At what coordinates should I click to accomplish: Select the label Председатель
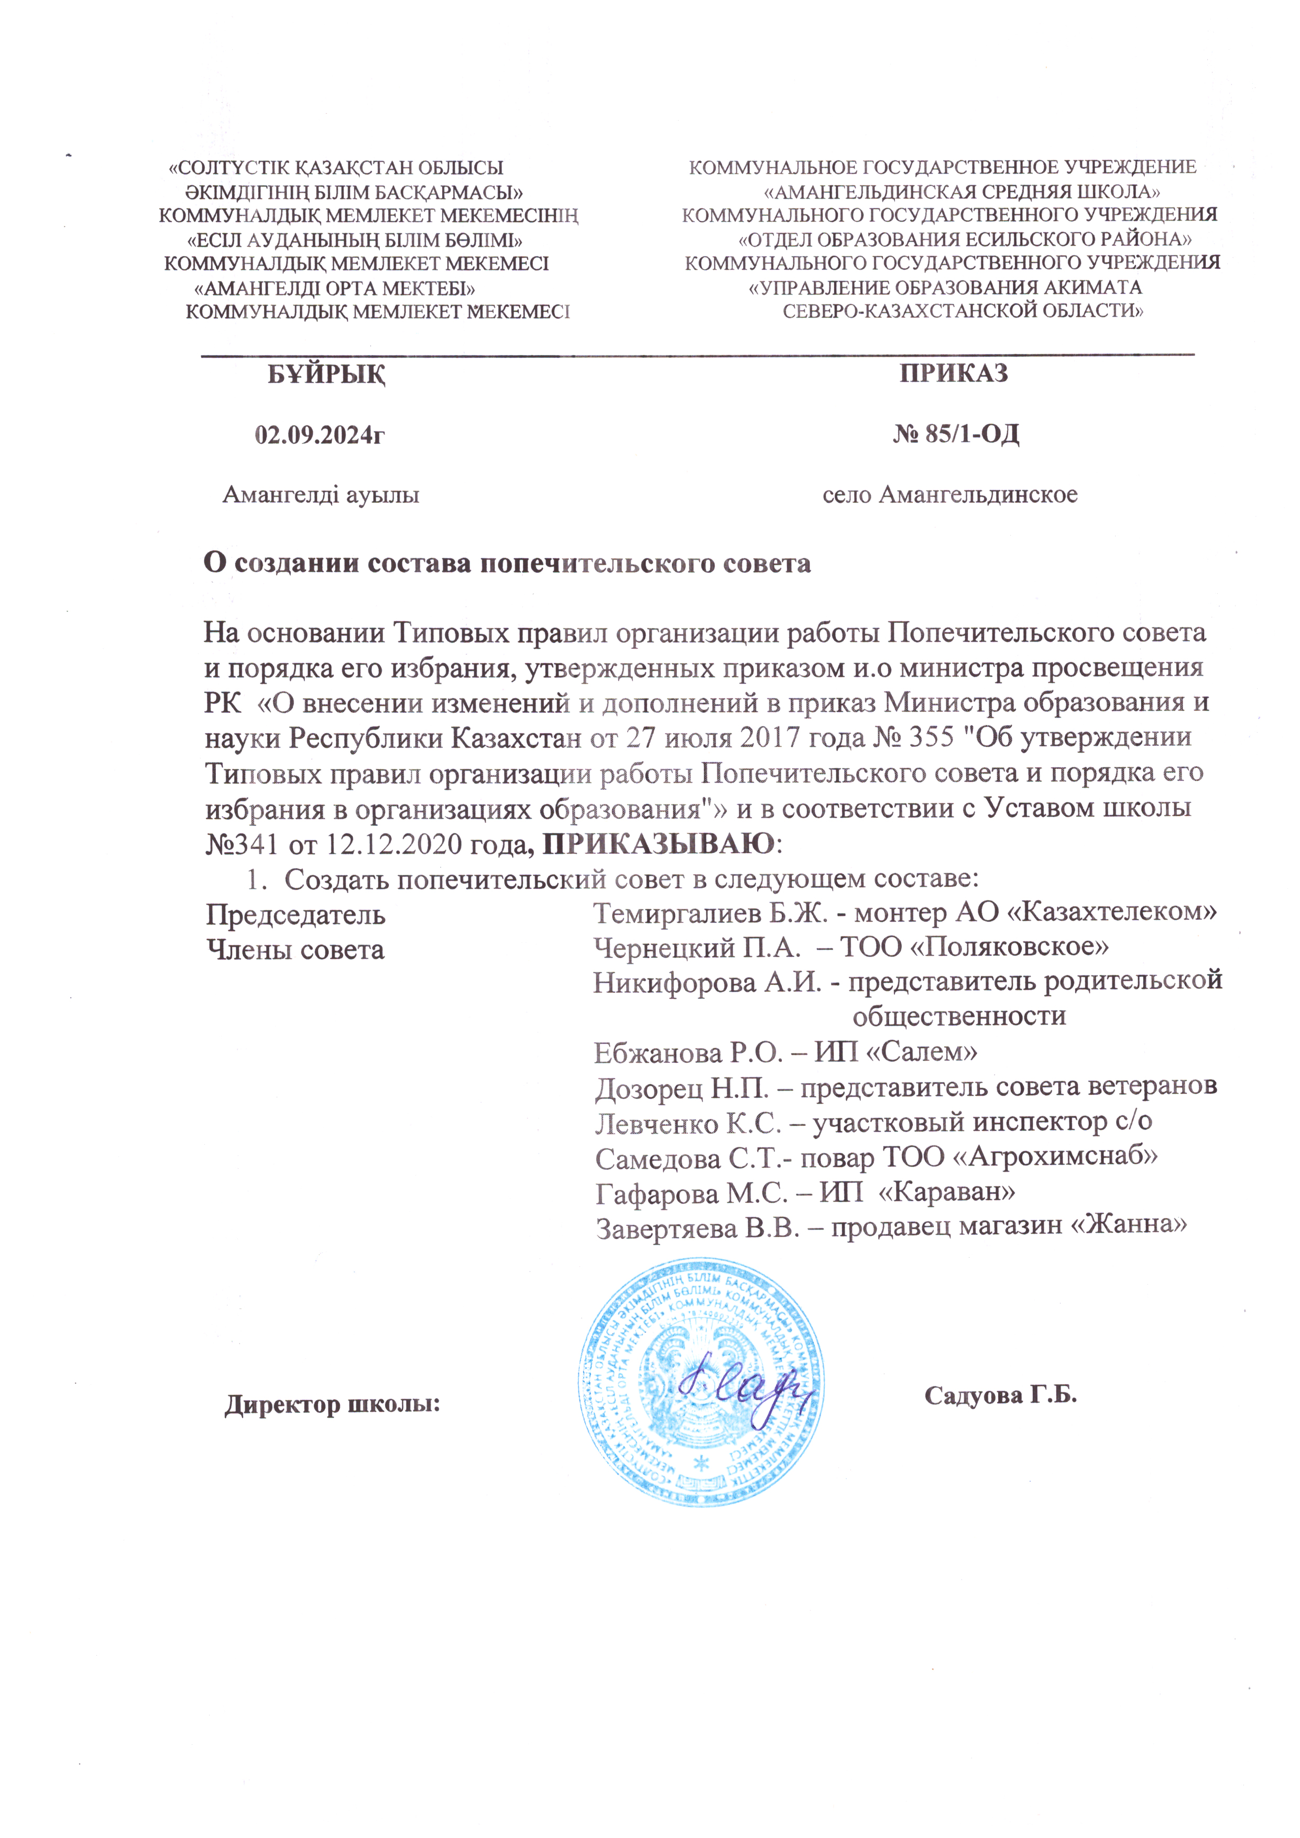pos(296,914)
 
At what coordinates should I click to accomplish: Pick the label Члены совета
pos(296,950)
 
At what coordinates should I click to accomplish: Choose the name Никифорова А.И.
pos(707,982)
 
